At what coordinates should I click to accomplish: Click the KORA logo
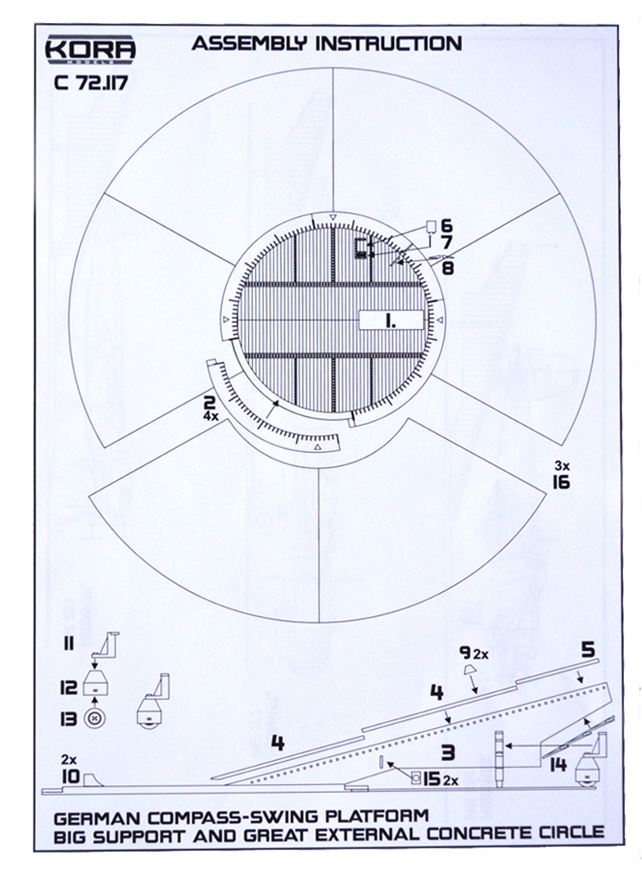(90, 50)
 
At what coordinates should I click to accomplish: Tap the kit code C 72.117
(92, 83)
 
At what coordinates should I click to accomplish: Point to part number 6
(446, 225)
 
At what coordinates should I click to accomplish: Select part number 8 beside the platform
(447, 268)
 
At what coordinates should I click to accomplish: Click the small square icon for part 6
(431, 226)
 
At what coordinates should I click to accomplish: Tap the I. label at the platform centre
(391, 321)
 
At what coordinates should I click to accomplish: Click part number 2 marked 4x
(210, 403)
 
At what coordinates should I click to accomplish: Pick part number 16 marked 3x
(561, 482)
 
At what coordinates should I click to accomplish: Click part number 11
(68, 644)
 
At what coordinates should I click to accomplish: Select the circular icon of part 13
(95, 719)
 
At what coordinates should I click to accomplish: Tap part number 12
(69, 688)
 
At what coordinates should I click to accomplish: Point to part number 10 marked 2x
(70, 776)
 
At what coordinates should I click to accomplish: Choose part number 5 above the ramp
(588, 649)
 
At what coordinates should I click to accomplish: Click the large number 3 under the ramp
(448, 752)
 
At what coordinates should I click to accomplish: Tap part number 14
(558, 765)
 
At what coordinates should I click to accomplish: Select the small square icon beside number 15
(416, 779)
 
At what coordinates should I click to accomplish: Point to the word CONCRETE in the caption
(478, 834)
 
